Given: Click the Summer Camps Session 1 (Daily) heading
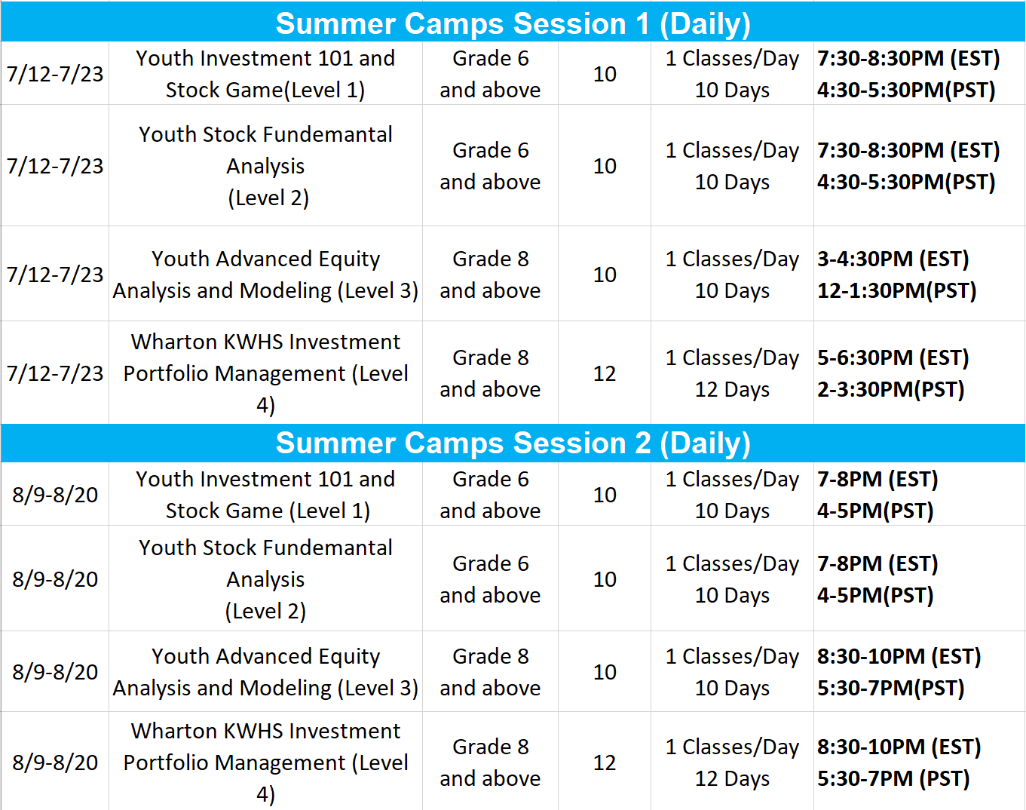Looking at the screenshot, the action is (513, 24).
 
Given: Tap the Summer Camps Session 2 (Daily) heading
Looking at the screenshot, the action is (513, 443).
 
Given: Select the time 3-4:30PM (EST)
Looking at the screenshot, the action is (893, 259).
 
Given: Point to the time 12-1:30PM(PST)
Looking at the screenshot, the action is (897, 291).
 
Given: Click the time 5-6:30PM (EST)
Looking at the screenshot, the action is (893, 358).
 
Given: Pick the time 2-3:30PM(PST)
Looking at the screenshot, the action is (890, 390).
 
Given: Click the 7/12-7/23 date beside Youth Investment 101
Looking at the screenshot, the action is (55, 75).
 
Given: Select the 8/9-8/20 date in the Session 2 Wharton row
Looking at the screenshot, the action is (55, 762).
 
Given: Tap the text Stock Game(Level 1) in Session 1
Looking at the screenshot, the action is (265, 91).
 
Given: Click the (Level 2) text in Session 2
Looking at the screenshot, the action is (265, 612).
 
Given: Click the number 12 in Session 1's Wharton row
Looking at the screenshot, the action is (605, 374).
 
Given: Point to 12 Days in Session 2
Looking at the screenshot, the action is (732, 779).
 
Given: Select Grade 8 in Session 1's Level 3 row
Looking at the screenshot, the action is (490, 259).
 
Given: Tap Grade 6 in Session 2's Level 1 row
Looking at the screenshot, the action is (490, 480).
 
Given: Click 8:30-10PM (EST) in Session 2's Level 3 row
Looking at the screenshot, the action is (899, 657).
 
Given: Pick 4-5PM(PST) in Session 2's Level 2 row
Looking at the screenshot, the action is (875, 596).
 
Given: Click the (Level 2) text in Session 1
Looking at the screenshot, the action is (268, 198).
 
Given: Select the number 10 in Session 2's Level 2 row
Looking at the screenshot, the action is (605, 579).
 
